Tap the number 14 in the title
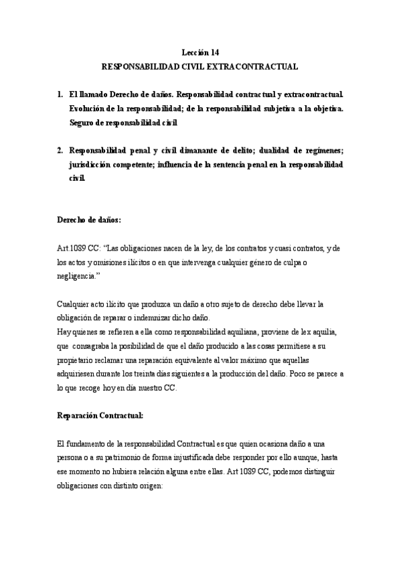point(214,52)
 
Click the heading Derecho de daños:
point(90,220)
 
